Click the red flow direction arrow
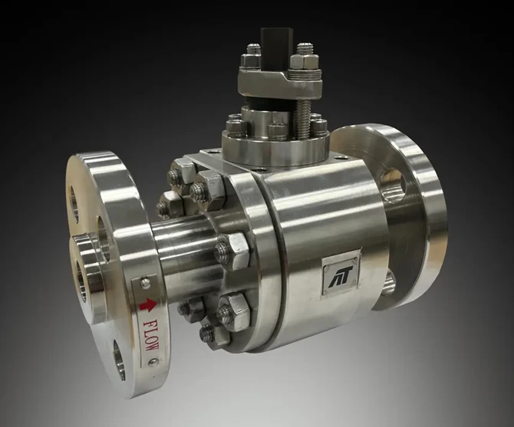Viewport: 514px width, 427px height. pos(148,305)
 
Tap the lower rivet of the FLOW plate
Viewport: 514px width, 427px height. pos(153,362)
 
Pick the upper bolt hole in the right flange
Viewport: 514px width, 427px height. pos(395,185)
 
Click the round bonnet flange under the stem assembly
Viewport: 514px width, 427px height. pos(275,146)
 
